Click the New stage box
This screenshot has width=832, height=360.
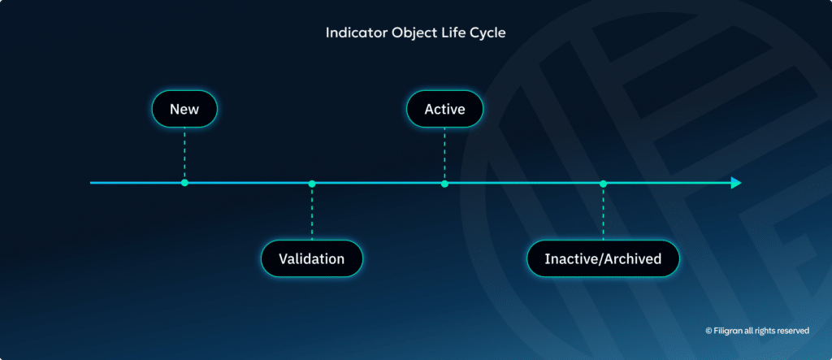(x=184, y=109)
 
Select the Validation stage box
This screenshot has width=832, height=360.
(x=311, y=259)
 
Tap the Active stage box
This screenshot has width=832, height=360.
(x=444, y=109)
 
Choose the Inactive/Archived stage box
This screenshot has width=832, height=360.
(x=602, y=259)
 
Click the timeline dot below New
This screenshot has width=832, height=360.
(x=184, y=183)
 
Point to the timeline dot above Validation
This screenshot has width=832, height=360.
(x=312, y=183)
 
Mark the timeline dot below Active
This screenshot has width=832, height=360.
(x=444, y=183)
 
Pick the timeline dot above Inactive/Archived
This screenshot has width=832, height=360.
(x=603, y=183)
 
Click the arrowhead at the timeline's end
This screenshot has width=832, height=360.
(x=735, y=183)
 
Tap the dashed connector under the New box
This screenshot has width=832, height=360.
(x=184, y=153)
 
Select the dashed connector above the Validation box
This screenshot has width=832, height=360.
(x=312, y=213)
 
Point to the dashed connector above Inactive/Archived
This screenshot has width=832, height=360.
(x=603, y=213)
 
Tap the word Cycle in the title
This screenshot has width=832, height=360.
(x=487, y=33)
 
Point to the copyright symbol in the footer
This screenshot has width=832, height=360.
(x=708, y=332)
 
